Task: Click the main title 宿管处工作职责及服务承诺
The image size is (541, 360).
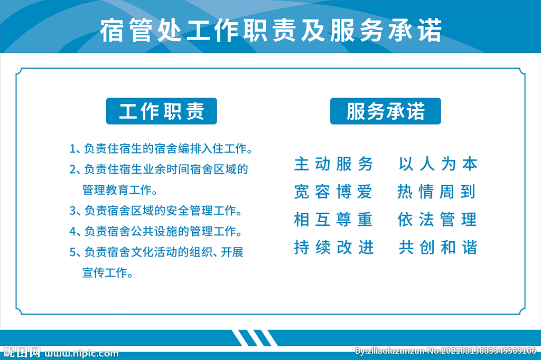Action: (x=271, y=30)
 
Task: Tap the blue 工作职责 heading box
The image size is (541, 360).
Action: (x=162, y=111)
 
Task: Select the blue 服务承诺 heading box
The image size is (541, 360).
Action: (x=385, y=111)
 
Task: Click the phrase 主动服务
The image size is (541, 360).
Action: (x=334, y=164)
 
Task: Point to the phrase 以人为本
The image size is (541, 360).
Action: (x=438, y=164)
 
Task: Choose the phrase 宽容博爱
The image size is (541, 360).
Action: (x=333, y=192)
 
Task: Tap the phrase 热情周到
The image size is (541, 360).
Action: (x=437, y=192)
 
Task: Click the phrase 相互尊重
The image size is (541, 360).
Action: (x=333, y=220)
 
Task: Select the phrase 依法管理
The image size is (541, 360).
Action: (x=437, y=220)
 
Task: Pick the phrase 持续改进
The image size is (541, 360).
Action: (x=334, y=247)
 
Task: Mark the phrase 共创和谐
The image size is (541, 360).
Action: (x=438, y=247)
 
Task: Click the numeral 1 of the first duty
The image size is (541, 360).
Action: (x=72, y=149)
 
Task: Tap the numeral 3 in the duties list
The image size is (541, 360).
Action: (x=72, y=211)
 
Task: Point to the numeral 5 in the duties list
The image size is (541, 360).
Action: (x=72, y=252)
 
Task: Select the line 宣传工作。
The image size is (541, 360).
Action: (x=108, y=273)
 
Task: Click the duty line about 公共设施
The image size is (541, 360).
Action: (x=156, y=231)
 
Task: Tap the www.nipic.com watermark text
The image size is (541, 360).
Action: (x=81, y=354)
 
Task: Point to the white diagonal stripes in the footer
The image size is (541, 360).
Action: (x=255, y=338)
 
